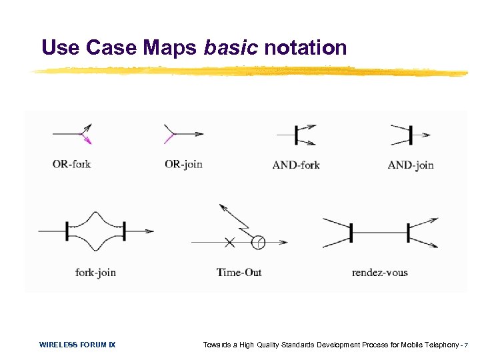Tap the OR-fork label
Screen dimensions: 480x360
(x=71, y=164)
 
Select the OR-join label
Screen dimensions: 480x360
(x=183, y=164)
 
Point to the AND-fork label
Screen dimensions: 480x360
(x=296, y=165)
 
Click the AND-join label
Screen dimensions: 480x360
(x=411, y=165)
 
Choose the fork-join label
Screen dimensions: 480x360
(x=96, y=272)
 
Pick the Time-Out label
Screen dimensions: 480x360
(x=239, y=272)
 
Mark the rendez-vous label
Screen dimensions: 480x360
(x=379, y=272)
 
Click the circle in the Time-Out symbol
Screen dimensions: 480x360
(x=257, y=243)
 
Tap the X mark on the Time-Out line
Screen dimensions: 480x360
(x=229, y=243)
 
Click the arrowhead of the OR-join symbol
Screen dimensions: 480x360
(x=199, y=134)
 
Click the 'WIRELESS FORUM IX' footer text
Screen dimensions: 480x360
(x=77, y=345)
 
